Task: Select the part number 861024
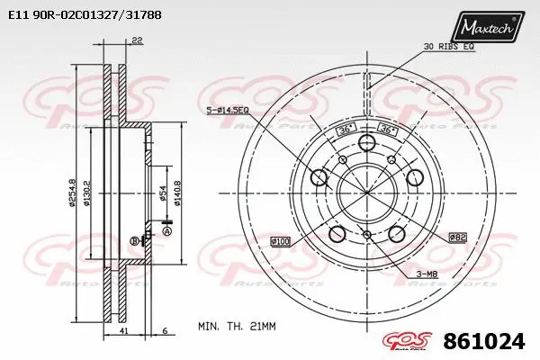pos(487,342)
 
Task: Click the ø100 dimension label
pos(281,242)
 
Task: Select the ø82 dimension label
pos(458,236)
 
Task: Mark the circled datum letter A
pos(166,230)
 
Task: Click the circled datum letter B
pos(134,241)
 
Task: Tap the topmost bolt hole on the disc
pos(366,145)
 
